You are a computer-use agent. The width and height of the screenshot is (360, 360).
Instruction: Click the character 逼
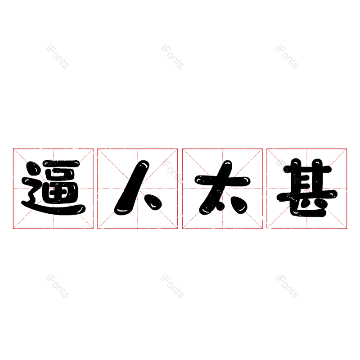click(54, 187)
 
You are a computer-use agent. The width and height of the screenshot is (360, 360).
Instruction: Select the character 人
click(138, 188)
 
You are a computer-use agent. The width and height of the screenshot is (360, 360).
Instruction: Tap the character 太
click(222, 187)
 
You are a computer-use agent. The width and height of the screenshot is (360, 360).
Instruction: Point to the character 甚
click(307, 188)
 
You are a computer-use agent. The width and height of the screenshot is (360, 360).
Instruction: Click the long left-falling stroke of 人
click(132, 188)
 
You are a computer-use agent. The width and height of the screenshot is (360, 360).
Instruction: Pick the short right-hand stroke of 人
click(153, 202)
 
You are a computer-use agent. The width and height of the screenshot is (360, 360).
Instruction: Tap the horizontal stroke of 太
click(222, 180)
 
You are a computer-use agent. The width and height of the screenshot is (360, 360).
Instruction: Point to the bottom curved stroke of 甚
click(308, 208)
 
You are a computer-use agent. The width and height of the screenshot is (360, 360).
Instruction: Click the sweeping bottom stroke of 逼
click(54, 207)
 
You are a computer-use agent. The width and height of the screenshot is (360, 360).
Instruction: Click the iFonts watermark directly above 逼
click(57, 57)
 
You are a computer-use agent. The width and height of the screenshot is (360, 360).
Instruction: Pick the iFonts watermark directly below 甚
click(287, 286)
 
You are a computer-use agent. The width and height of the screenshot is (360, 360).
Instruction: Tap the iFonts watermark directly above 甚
click(287, 57)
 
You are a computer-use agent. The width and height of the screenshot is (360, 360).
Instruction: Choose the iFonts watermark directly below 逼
click(57, 286)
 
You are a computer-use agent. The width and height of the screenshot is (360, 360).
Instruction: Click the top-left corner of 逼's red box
click(13, 149)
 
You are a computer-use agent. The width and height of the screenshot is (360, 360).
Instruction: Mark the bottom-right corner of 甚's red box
click(346, 229)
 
